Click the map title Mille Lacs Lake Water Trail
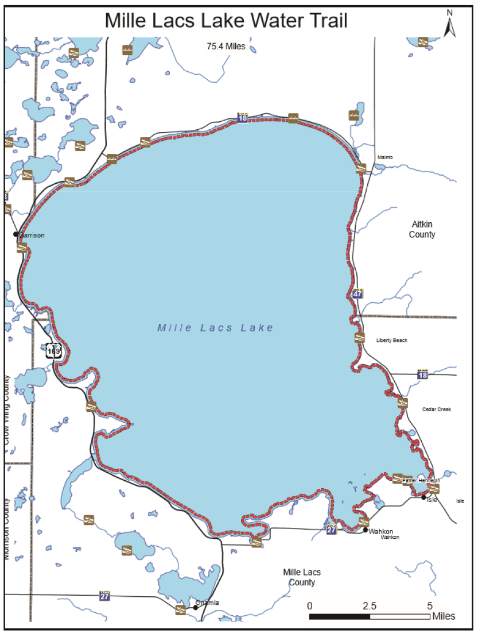click(x=226, y=21)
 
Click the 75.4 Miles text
click(x=226, y=47)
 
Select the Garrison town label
click(x=32, y=235)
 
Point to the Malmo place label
click(x=385, y=157)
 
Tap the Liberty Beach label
click(x=392, y=341)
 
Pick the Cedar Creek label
click(x=437, y=410)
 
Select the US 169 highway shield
click(x=54, y=350)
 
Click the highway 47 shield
click(x=358, y=294)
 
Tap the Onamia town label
click(x=207, y=603)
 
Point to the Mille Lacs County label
click(x=302, y=577)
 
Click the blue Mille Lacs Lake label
click(x=216, y=328)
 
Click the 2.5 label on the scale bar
click(x=370, y=606)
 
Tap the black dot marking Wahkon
click(x=365, y=530)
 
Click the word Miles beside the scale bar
click(x=444, y=616)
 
